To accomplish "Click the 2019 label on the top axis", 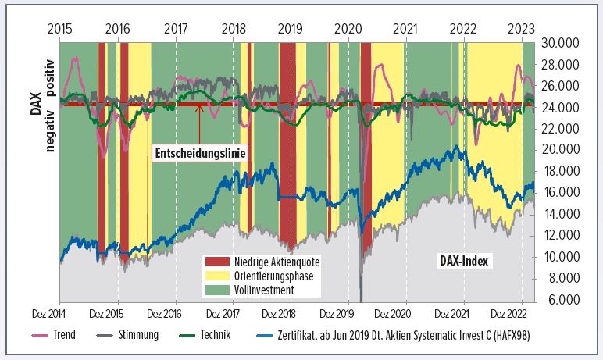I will click(x=291, y=28).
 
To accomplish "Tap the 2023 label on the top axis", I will click(x=521, y=28).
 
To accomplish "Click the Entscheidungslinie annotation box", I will click(x=199, y=154).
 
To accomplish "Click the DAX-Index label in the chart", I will click(x=462, y=261).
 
